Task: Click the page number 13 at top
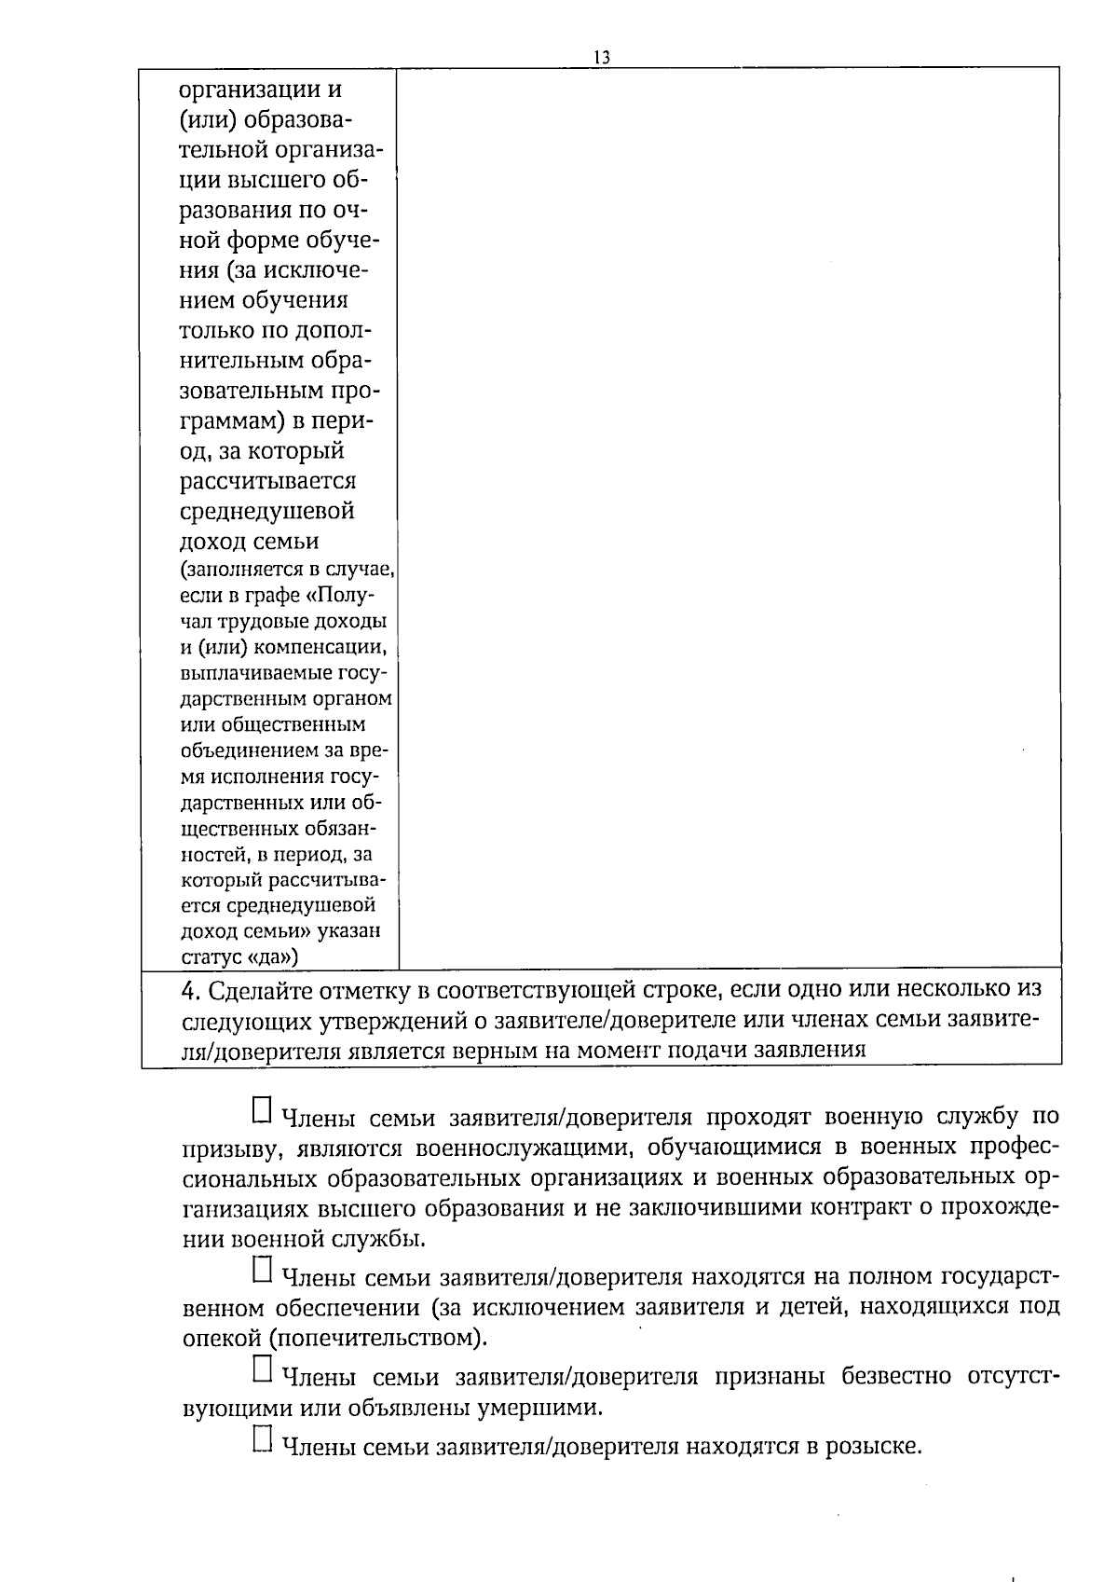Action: [x=601, y=58]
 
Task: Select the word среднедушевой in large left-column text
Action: [x=266, y=512]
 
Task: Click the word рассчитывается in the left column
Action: [x=268, y=482]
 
